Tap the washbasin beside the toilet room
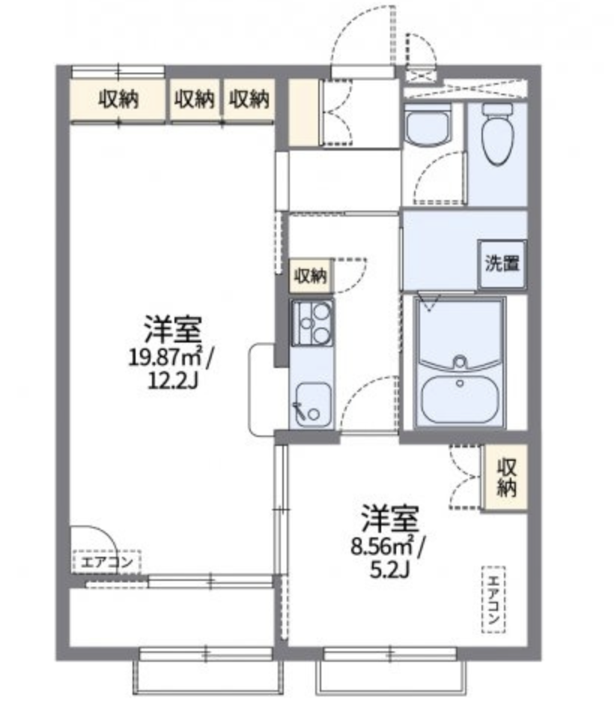coord(428,124)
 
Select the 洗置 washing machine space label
coord(502,263)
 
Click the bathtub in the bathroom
coord(460,399)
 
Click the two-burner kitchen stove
coord(312,323)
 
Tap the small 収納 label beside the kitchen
coord(311,275)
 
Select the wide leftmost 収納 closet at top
coord(118,100)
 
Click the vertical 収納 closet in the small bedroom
coord(505,478)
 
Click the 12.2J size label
coord(173,381)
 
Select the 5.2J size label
coord(389,570)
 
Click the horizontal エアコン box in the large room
coord(106,562)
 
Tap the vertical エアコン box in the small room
coord(493,599)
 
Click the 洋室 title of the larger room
coord(172,330)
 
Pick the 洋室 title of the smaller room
coord(390,519)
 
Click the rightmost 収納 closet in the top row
coord(249,100)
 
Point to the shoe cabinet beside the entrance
coord(303,112)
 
